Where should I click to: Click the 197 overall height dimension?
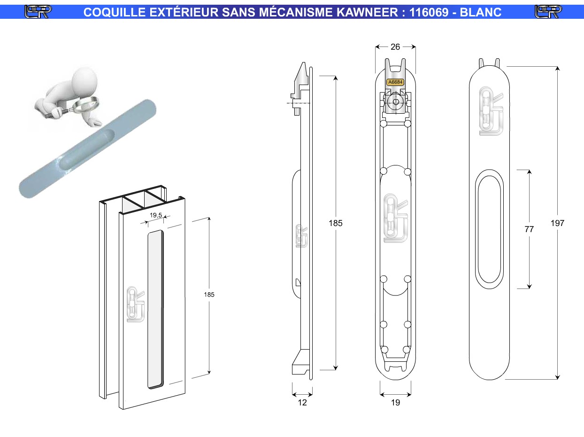tap(557, 223)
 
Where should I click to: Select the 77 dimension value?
tap(529, 229)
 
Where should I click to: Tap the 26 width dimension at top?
tap(395, 47)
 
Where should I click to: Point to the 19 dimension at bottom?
tap(395, 403)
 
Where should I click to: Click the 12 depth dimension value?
tap(302, 403)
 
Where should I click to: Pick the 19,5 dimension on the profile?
tap(156, 215)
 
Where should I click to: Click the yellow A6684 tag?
tap(395, 82)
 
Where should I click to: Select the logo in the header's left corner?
tap(38, 12)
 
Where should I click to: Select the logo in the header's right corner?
tap(548, 12)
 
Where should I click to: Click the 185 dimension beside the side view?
tap(335, 223)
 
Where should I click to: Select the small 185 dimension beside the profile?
tap(209, 295)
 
